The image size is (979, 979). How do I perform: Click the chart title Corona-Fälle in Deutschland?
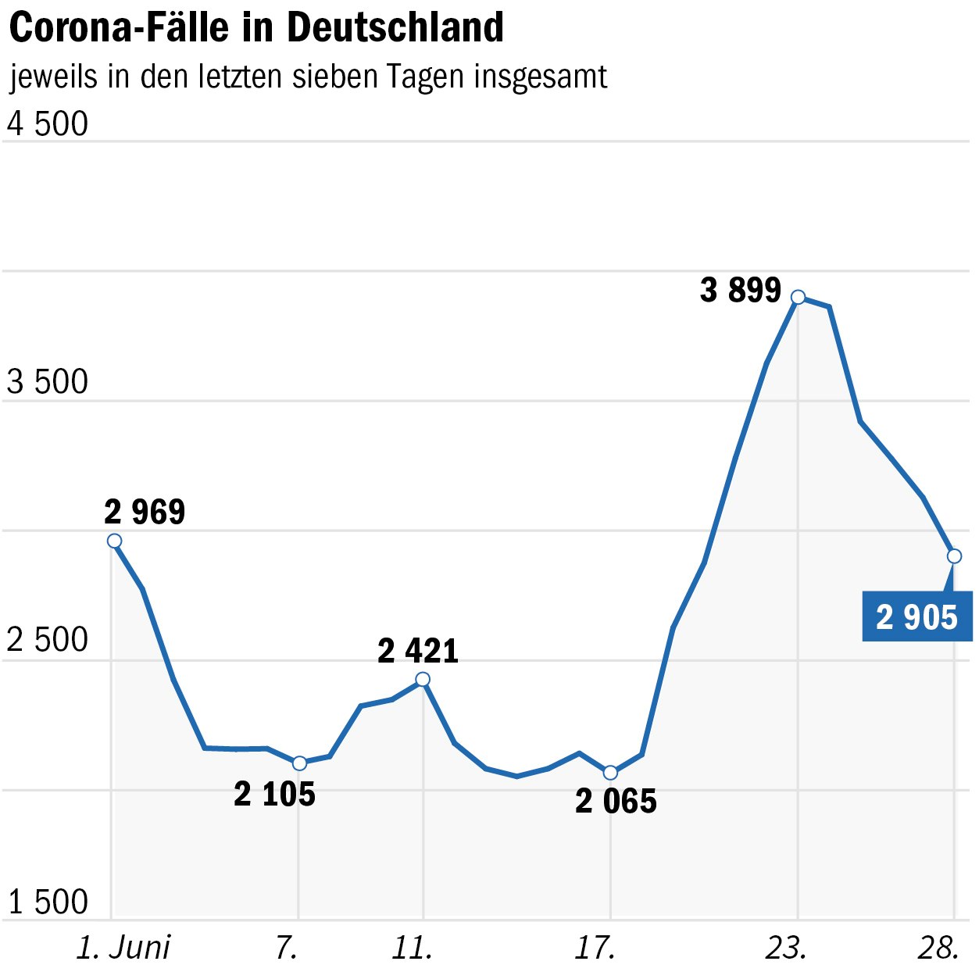256,28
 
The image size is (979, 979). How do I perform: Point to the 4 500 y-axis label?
48,124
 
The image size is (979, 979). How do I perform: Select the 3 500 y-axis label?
48,383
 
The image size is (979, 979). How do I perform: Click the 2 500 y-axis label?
48,640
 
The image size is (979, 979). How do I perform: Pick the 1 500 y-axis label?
48,902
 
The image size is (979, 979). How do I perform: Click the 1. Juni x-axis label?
123,948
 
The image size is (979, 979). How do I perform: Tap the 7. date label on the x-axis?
287,948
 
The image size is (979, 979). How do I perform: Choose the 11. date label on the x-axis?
412,948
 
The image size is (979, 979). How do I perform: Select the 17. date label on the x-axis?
595,948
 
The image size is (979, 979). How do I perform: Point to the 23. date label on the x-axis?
785,948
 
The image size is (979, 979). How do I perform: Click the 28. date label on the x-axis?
938,948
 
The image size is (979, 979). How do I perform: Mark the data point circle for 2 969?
114,541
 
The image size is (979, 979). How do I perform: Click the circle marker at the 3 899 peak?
798,297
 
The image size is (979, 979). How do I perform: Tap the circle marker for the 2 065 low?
610,773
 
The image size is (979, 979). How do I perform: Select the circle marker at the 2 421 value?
423,679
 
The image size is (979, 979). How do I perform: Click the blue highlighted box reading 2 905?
916,617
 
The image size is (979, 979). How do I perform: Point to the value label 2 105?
274,795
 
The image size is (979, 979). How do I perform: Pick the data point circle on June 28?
954,556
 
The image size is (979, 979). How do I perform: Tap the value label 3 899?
741,291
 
